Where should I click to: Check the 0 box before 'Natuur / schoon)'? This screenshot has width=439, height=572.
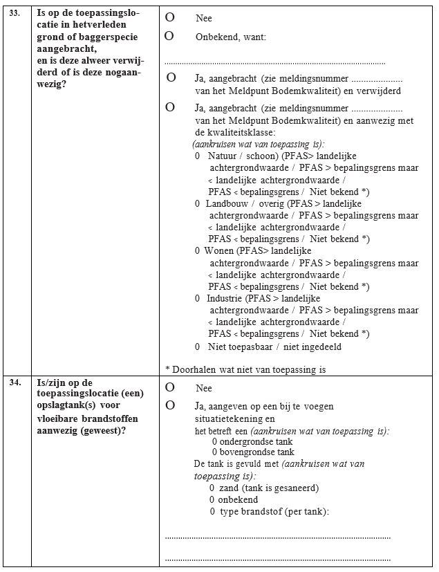click(198, 156)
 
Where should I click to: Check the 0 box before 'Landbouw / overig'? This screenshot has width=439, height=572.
click(198, 203)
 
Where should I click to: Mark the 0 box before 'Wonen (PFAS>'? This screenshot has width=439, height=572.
click(198, 250)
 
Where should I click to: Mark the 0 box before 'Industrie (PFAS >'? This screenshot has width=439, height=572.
click(198, 298)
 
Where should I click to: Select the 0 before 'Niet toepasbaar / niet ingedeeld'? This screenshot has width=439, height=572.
click(198, 347)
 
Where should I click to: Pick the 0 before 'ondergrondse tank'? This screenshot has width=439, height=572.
click(215, 441)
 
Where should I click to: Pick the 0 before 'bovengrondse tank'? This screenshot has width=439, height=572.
click(215, 452)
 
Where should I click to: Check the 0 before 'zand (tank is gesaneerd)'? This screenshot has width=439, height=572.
click(212, 488)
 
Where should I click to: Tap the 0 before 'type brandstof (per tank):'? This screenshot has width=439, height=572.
click(212, 512)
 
